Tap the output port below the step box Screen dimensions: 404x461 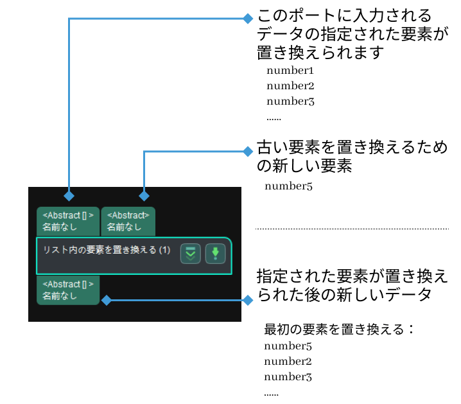pos(68,290)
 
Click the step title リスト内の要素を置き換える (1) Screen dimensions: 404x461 pos(107,250)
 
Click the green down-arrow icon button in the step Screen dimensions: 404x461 pos(216,253)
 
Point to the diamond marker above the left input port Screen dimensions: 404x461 pos(69,195)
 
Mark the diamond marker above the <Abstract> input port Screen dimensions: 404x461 pos(144,195)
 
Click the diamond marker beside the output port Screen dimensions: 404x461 pos(107,300)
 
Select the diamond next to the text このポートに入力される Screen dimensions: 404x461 pos(248,18)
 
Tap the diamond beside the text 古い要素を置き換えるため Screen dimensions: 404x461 pos(248,152)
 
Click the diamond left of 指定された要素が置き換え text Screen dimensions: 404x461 pos(248,300)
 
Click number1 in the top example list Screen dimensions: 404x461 pos(290,70)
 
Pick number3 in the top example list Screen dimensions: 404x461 pos(290,101)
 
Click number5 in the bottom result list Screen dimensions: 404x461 pos(287,346)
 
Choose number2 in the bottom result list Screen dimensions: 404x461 pos(287,362)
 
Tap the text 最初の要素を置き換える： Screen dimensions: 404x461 pos(340,330)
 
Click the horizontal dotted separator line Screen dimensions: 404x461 pos(352,229)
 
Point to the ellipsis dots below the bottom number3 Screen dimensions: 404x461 pos(272,392)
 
